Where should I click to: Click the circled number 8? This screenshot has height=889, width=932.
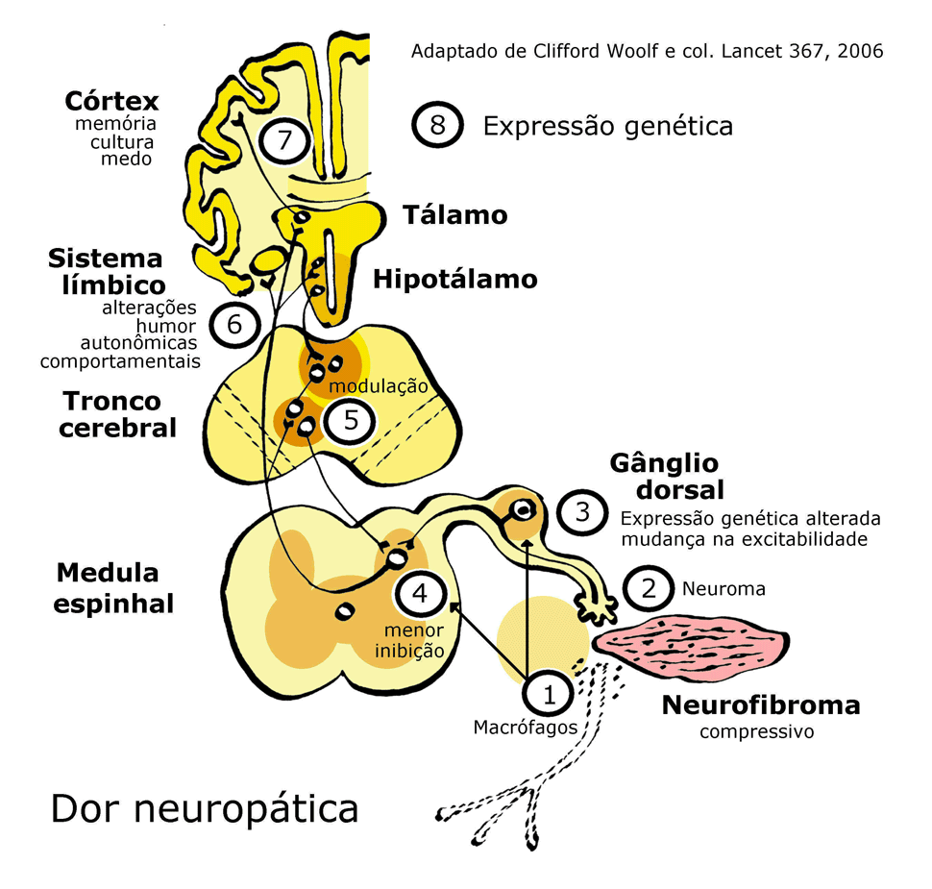436,126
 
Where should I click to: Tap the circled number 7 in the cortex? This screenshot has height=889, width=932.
283,140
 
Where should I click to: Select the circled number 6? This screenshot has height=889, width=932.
234,324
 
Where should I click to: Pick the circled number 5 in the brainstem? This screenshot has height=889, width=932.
350,420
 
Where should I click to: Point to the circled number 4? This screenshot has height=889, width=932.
420,593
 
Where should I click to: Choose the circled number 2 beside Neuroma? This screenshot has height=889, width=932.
649,587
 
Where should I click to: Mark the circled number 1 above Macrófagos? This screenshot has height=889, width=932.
549,693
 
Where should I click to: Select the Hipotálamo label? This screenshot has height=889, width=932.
454,280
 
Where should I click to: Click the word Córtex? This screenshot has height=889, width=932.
111,101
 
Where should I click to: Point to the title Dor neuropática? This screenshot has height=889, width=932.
205,808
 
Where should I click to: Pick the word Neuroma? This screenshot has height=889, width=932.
724,588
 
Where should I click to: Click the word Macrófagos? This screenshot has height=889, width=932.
526,728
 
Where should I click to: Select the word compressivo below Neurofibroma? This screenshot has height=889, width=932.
756,732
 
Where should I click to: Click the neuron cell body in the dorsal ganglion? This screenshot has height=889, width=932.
522,509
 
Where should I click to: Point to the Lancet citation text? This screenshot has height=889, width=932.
647,51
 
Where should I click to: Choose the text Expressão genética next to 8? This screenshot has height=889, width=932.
607,126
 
